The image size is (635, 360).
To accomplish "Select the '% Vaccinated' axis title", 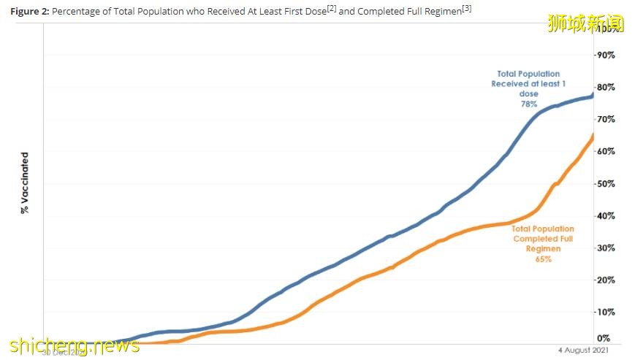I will pos(25,183).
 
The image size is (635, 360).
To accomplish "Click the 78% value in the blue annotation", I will pos(528,104).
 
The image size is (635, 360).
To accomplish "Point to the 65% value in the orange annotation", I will pos(543,259).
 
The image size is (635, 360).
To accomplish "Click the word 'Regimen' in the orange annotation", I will pos(543,249).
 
